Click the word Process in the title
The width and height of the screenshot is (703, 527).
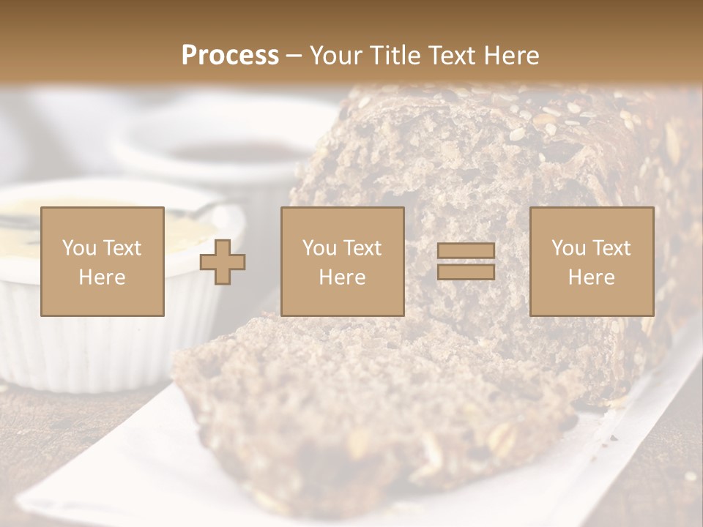click(x=230, y=56)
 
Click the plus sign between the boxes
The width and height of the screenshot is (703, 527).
click(x=223, y=262)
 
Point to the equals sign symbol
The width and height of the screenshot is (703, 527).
click(x=466, y=261)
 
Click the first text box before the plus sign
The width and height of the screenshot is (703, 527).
click(x=103, y=261)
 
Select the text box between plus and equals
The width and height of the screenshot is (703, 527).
click(x=342, y=261)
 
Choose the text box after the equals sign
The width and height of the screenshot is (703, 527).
click(x=591, y=261)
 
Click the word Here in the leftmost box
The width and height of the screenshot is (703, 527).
click(x=103, y=277)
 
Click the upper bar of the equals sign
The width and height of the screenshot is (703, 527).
click(x=466, y=251)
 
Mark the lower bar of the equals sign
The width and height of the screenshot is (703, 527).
click(x=466, y=272)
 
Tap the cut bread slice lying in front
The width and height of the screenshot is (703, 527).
click(x=366, y=410)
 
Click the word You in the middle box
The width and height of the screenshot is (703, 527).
click(x=319, y=248)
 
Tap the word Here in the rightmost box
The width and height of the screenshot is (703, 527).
click(x=591, y=277)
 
